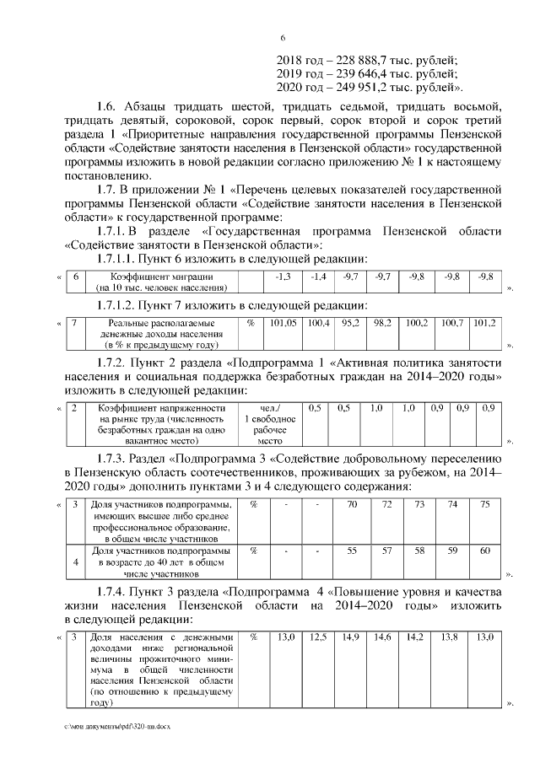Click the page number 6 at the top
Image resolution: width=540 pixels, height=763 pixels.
point(283,37)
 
